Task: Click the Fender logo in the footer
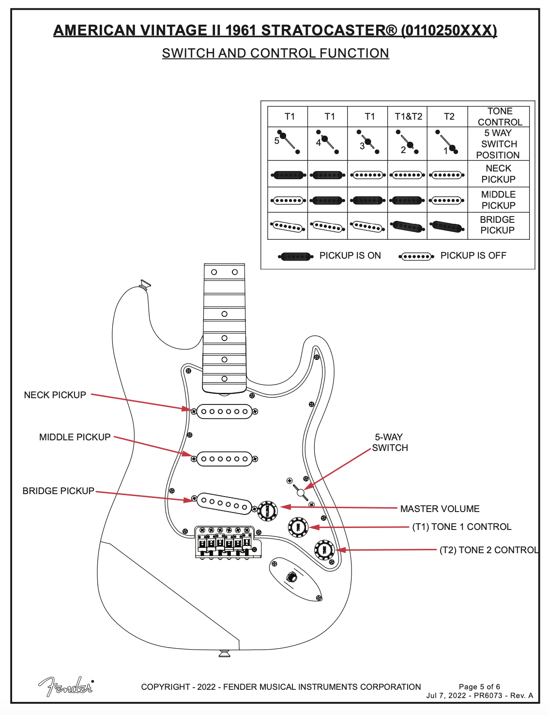(66, 686)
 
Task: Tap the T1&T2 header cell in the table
(408, 117)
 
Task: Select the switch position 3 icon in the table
(367, 142)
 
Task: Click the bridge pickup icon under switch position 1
(447, 226)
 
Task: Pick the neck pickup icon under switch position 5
(289, 175)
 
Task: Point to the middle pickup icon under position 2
(407, 200)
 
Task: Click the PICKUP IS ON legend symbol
(295, 256)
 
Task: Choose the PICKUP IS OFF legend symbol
(416, 256)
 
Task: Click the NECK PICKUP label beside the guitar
(55, 395)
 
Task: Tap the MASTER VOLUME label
(440, 509)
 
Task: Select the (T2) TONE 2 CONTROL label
(488, 550)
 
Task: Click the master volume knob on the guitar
(267, 511)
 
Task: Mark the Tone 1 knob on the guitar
(298, 527)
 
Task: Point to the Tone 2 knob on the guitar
(324, 550)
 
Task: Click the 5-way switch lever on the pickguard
(301, 492)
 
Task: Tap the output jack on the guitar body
(292, 577)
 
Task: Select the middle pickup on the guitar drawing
(224, 459)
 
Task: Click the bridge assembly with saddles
(226, 542)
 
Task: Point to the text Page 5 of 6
(479, 687)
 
